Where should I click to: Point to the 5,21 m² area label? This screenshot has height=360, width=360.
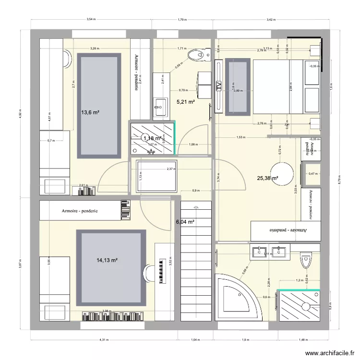pos(185,102)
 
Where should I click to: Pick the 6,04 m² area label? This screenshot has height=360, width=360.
pos(185,222)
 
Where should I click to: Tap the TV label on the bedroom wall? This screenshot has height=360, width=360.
pos(219,86)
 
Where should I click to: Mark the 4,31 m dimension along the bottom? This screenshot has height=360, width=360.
pos(104,340)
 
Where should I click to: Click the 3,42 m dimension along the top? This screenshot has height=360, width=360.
pos(271,20)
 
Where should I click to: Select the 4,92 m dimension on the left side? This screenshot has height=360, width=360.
pos(21,114)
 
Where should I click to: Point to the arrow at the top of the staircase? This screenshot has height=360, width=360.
pos(195,207)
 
